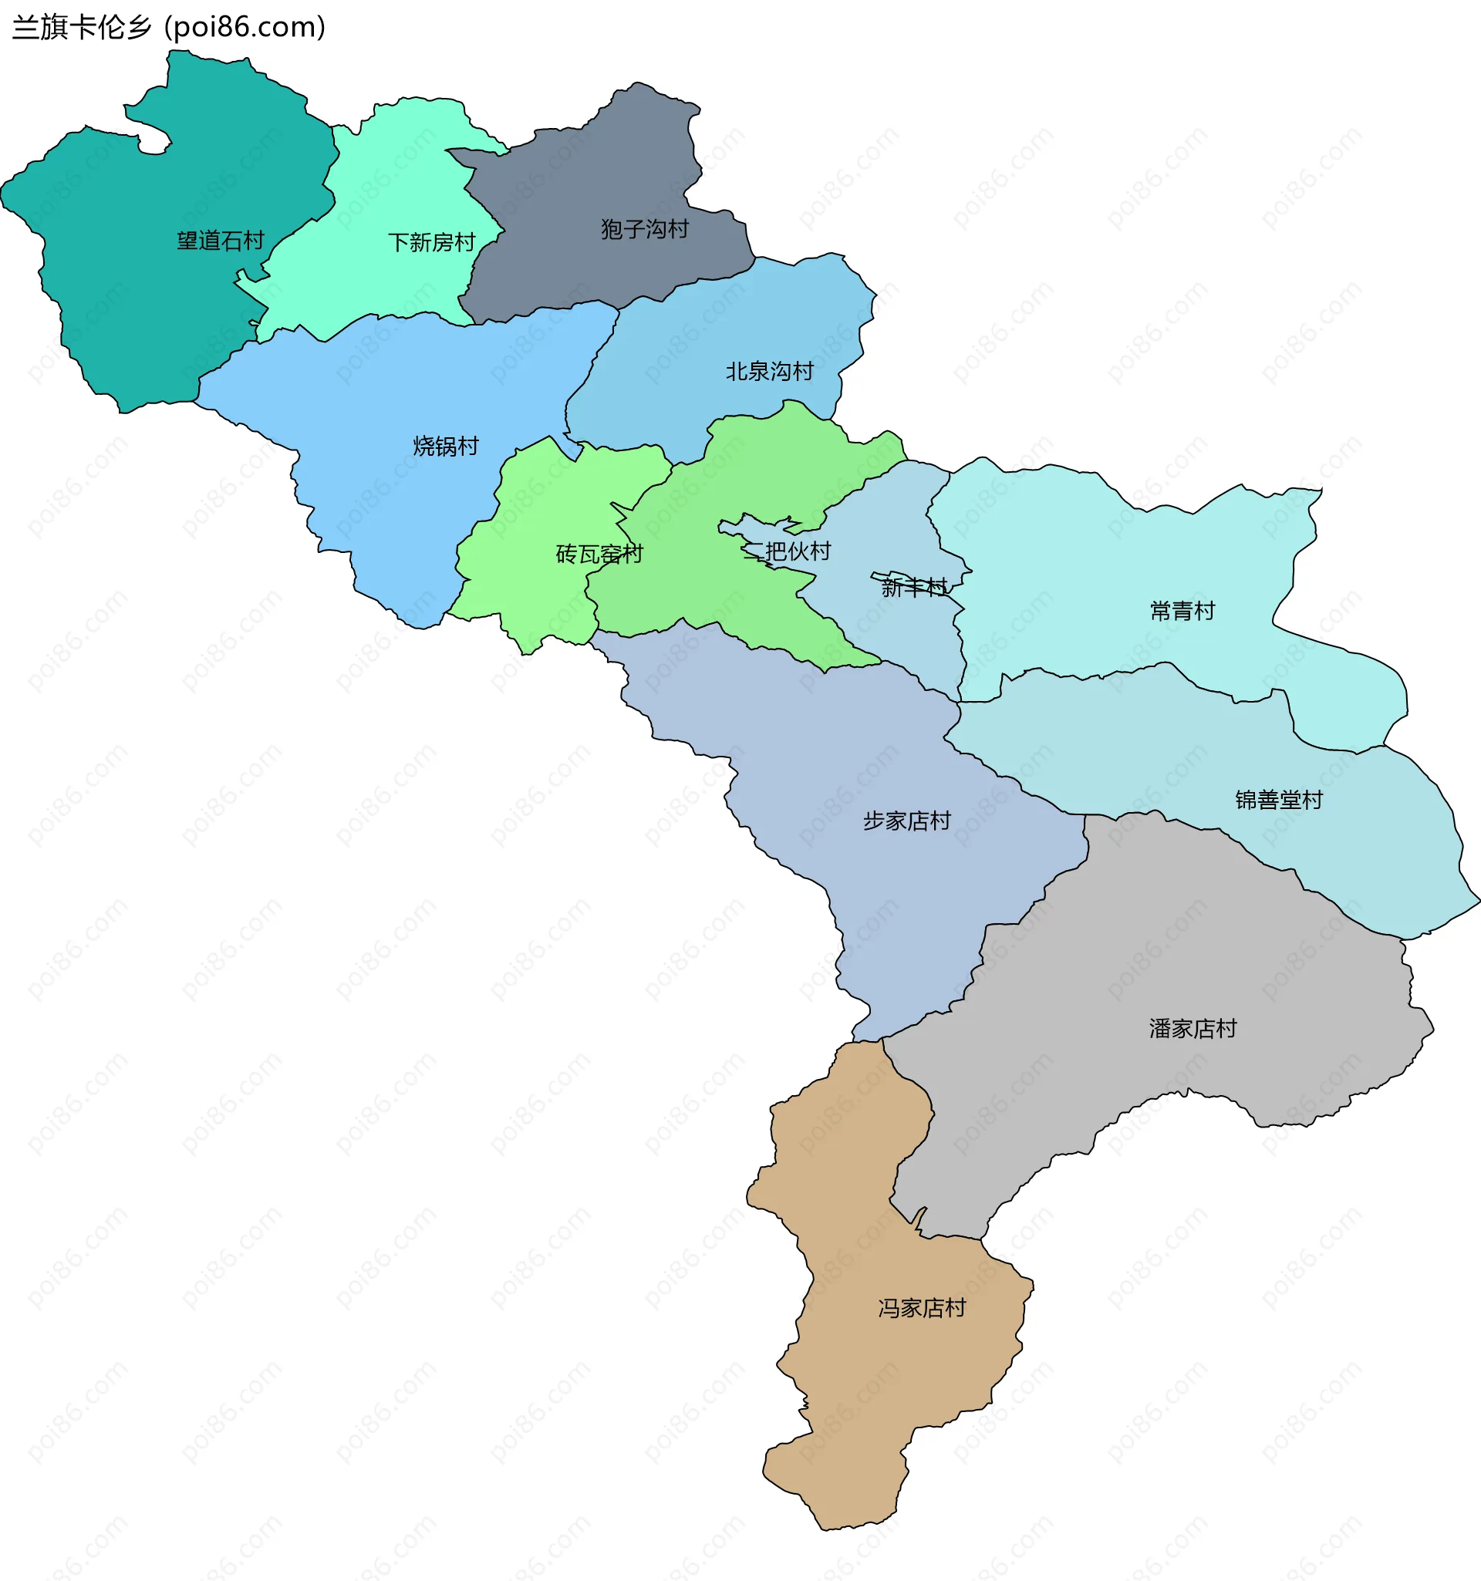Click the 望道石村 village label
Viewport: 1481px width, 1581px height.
point(221,240)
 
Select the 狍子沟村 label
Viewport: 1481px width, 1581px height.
point(644,229)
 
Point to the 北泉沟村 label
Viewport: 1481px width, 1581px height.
point(769,371)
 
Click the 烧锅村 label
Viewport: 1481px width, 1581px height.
point(445,445)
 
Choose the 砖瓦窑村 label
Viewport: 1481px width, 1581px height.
point(599,554)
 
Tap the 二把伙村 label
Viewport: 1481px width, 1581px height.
point(788,551)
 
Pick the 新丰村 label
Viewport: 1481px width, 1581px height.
point(914,587)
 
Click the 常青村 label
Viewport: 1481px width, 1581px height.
point(1182,611)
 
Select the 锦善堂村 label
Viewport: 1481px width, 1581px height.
point(1278,799)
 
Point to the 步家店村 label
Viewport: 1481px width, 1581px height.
point(907,820)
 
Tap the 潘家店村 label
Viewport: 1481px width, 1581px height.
point(1193,1028)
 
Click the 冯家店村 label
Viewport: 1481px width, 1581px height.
point(921,1307)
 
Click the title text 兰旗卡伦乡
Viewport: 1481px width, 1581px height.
point(82,28)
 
